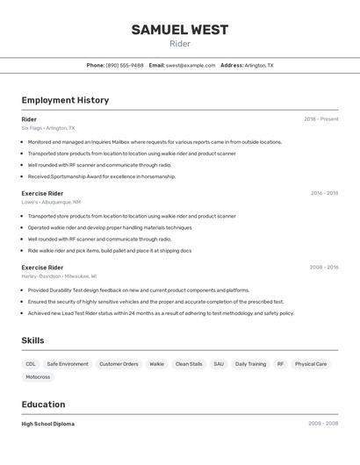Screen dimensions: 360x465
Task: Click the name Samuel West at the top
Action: coord(180,30)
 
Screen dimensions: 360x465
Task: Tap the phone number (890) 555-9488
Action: coord(125,65)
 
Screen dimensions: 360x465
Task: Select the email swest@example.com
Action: coord(191,65)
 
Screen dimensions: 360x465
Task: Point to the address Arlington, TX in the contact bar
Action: coord(259,65)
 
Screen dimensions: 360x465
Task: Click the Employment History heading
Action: coord(65,100)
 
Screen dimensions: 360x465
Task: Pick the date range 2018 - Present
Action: coord(320,119)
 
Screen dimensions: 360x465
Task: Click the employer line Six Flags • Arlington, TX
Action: coord(48,128)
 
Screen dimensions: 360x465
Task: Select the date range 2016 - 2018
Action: coord(324,193)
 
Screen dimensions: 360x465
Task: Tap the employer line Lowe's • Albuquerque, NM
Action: coord(51,202)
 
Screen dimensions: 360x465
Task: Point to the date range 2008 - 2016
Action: coord(324,268)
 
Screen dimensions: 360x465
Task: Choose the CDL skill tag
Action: coord(31,363)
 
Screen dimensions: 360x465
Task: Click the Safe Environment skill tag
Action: coord(68,363)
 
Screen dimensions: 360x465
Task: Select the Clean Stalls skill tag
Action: coord(189,363)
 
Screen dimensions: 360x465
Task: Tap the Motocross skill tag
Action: coord(38,377)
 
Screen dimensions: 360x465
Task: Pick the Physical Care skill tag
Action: coord(311,363)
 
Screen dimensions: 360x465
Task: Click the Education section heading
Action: coord(43,404)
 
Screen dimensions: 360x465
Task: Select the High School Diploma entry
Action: coord(48,424)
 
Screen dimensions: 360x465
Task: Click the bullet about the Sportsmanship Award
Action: coord(102,176)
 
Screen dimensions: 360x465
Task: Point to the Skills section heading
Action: coord(32,340)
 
